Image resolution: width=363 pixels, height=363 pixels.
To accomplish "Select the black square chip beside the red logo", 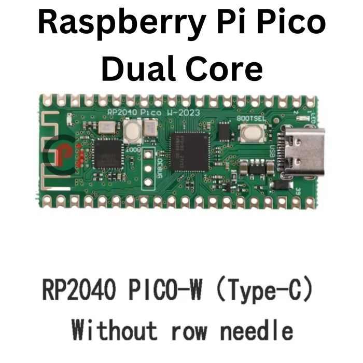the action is tap(108, 155).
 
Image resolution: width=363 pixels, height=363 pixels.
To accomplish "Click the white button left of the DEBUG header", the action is tap(133, 133).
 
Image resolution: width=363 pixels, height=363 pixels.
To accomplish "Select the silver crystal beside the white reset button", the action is tap(150, 128).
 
